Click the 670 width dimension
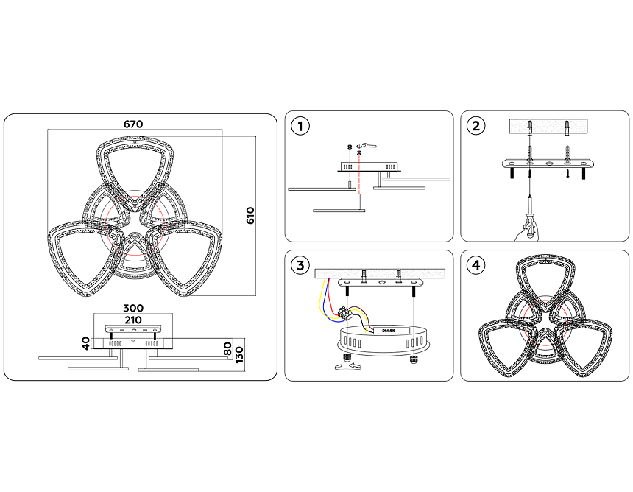click(133, 124)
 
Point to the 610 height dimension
click(250, 216)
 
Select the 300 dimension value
click(133, 308)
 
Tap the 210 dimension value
click(133, 320)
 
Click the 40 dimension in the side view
click(86, 344)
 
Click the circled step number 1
click(299, 126)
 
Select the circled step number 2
click(475, 126)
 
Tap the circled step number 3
click(299, 265)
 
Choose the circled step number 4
click(475, 265)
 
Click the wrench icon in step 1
click(369, 145)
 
